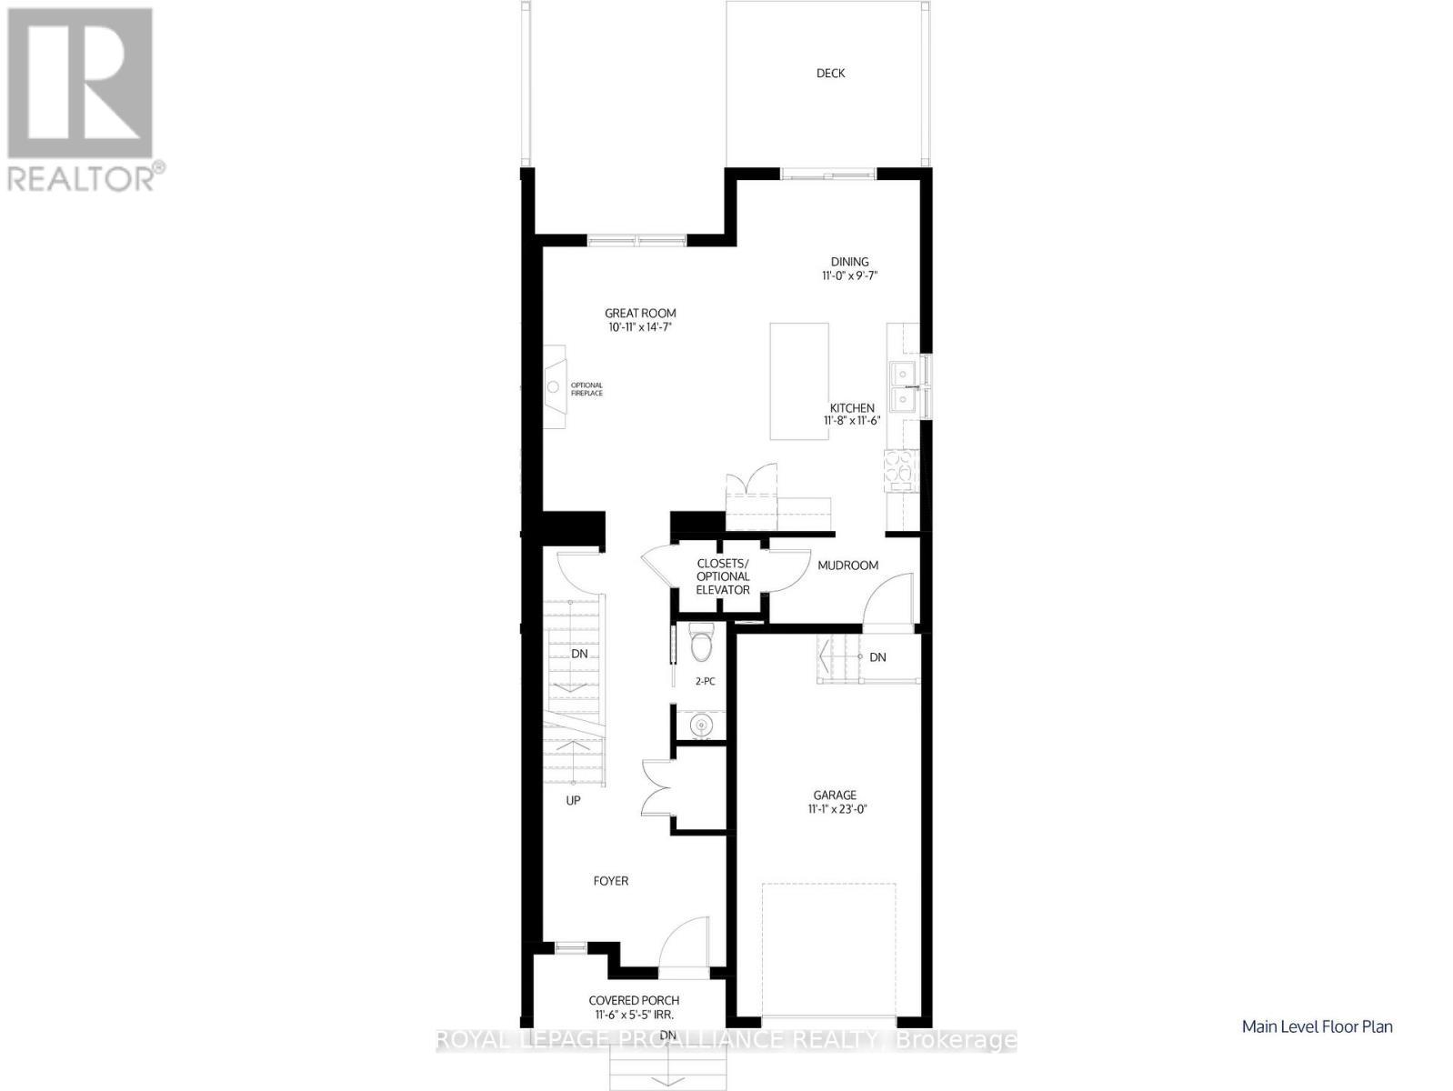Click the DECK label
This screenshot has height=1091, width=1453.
[830, 74]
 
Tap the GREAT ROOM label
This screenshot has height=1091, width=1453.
[640, 314]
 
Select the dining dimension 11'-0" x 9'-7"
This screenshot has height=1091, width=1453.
[849, 275]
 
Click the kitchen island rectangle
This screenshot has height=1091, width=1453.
[799, 381]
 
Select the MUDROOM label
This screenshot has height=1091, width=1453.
[847, 566]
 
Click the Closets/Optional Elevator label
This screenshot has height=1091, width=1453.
[723, 576]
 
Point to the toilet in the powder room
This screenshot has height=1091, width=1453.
[701, 645]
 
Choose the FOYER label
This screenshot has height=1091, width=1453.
[610, 881]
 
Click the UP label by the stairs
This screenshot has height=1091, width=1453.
[573, 801]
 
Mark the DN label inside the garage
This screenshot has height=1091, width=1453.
[877, 657]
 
